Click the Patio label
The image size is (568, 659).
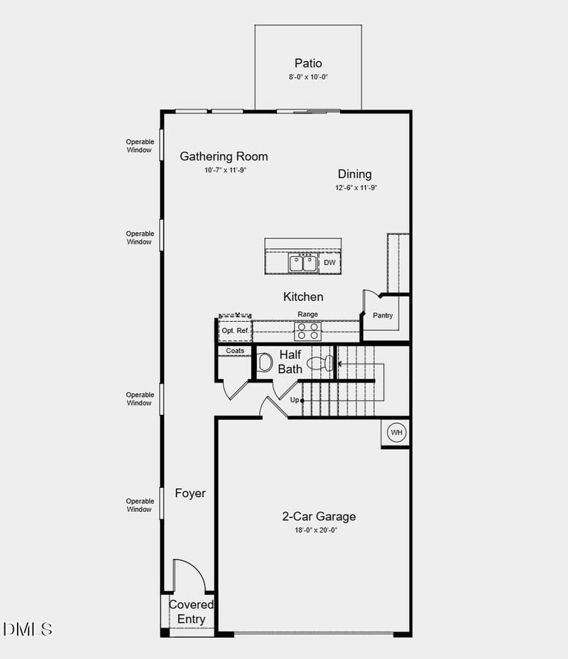click(x=308, y=63)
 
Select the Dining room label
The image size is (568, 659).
click(x=354, y=174)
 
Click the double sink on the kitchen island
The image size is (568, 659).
click(x=303, y=263)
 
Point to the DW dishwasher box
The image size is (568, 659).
click(x=329, y=263)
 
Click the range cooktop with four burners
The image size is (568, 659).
click(x=308, y=331)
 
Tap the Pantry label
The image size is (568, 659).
click(x=383, y=316)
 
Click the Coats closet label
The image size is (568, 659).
click(x=235, y=351)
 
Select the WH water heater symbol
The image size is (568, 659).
click(x=395, y=432)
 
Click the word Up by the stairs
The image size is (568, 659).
click(x=295, y=401)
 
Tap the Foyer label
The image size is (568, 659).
click(x=190, y=493)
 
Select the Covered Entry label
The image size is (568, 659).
click(x=191, y=611)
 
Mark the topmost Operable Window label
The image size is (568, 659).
click(x=140, y=146)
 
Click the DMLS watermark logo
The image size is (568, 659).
click(x=28, y=629)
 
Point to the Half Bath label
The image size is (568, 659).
click(x=290, y=361)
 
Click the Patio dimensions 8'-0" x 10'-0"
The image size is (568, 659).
click(x=308, y=77)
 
